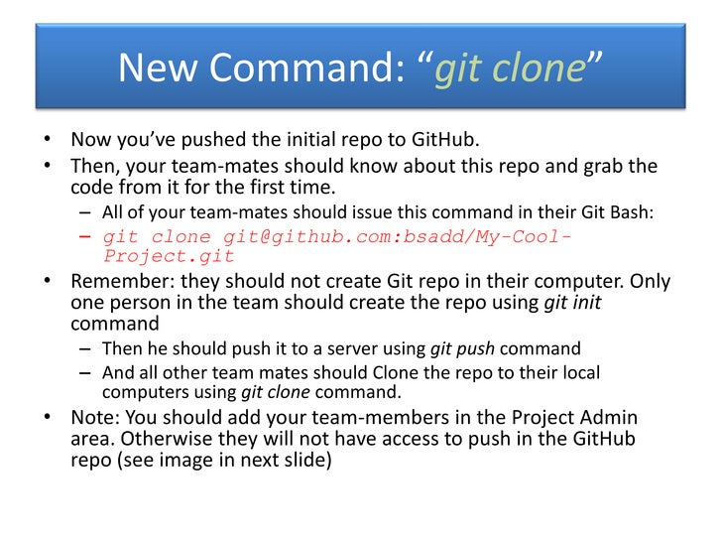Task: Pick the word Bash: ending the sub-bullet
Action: tap(631, 211)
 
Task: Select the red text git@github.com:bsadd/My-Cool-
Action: tap(398, 236)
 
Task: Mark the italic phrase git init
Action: tap(572, 303)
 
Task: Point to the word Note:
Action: tap(95, 417)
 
